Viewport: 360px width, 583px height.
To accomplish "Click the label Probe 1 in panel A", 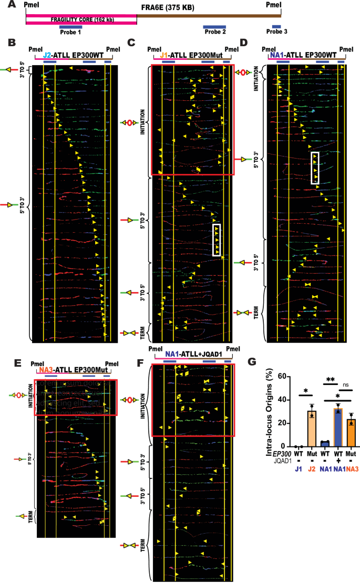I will [x=70, y=32].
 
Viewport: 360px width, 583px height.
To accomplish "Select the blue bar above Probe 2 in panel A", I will [x=214, y=26].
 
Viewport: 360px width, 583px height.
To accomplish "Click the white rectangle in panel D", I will [x=315, y=168].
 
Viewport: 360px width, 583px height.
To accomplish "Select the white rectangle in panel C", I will [x=217, y=240].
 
